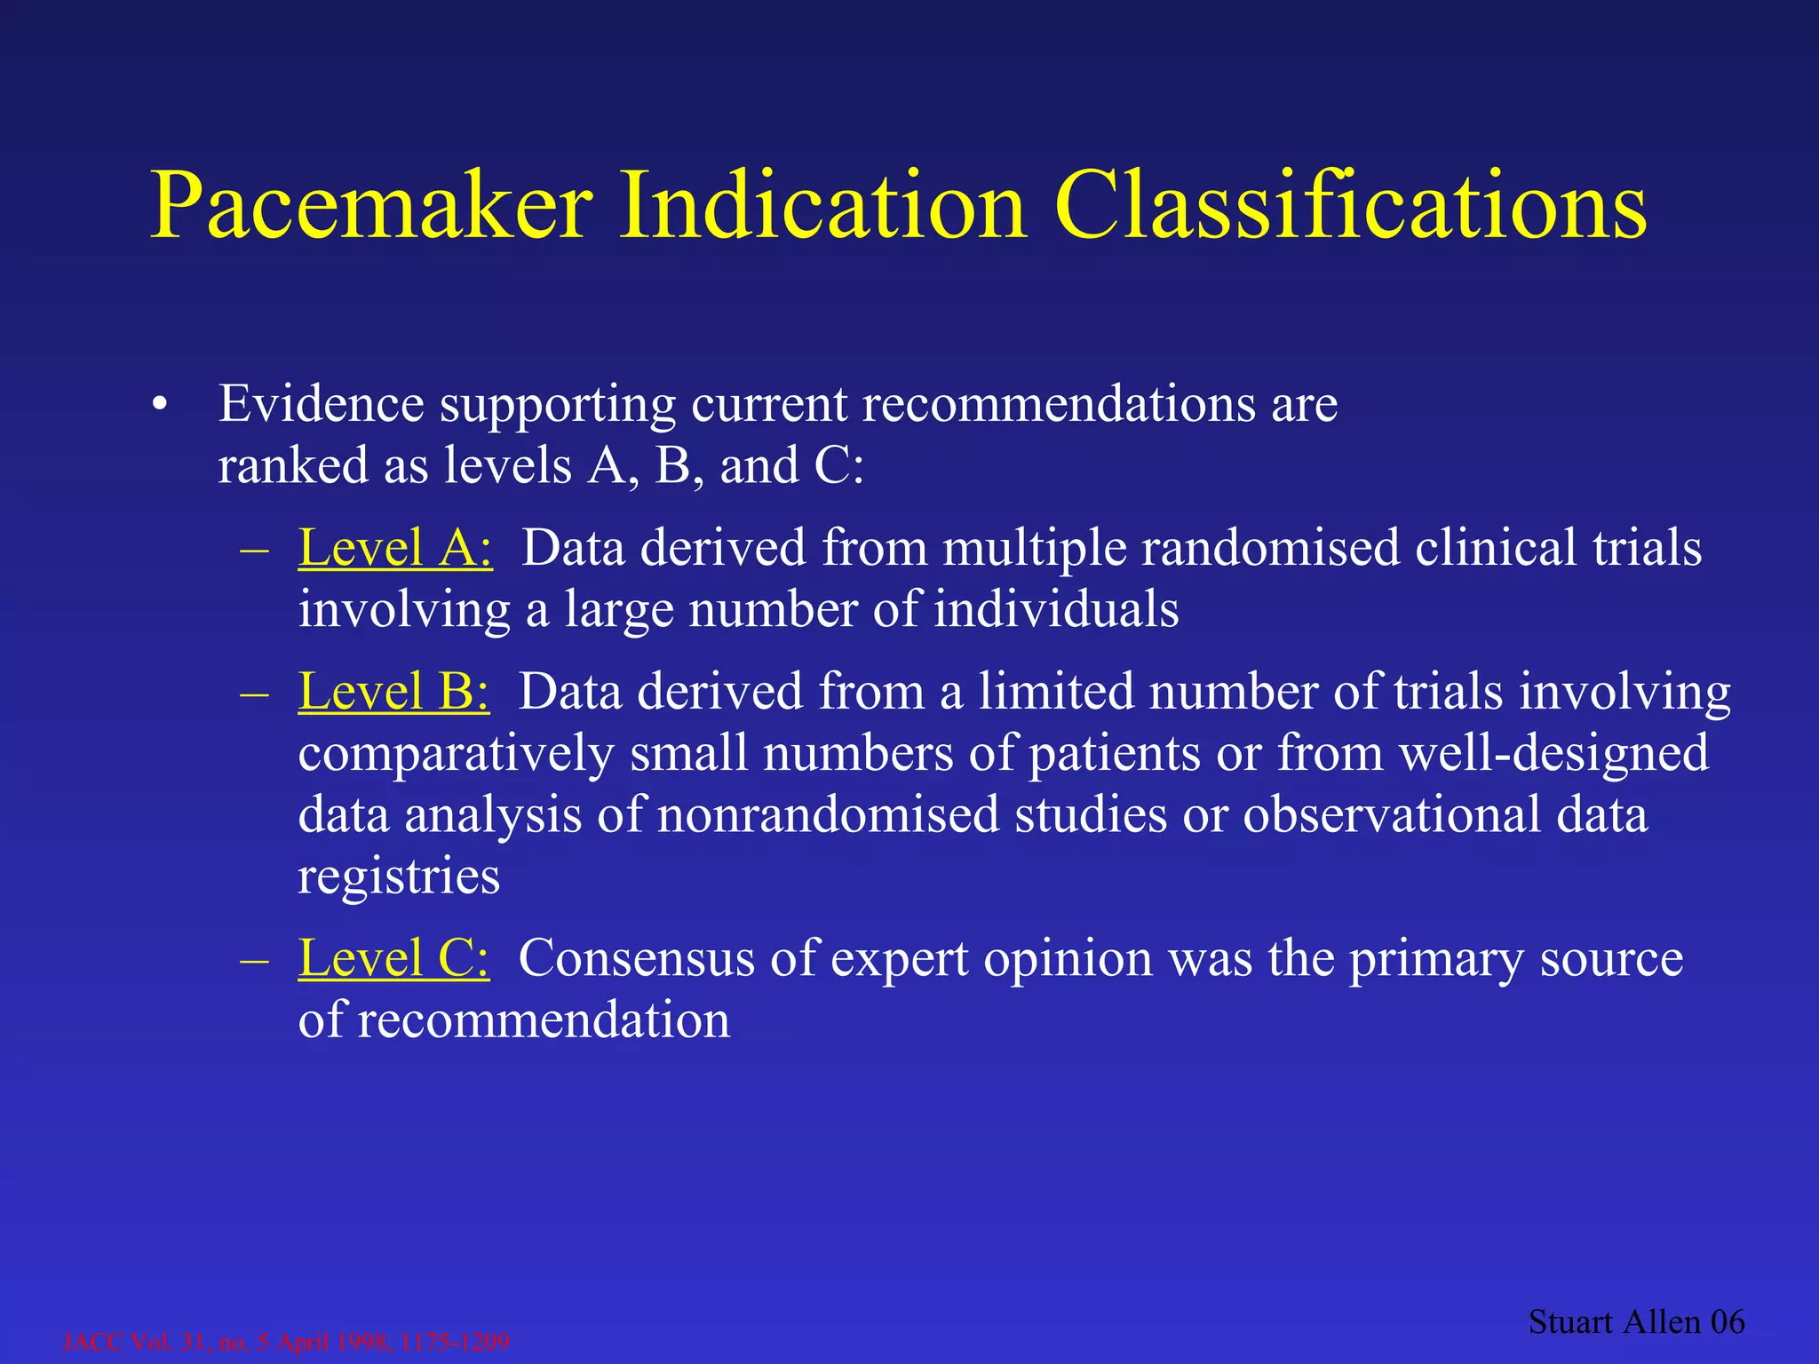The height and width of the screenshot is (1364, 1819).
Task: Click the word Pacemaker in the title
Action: pos(371,206)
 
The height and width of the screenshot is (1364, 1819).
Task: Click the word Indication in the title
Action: pos(822,206)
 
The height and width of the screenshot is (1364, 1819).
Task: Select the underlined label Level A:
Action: pos(395,548)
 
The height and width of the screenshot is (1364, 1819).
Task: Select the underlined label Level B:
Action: pos(393,692)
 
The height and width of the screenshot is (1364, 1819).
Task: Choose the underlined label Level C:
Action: pos(393,959)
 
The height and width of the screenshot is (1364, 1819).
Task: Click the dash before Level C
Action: pos(254,960)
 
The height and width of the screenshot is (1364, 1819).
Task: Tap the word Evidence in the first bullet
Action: pos(321,404)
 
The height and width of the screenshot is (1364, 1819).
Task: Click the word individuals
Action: pos(1056,610)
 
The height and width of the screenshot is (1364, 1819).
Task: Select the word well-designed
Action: pos(1553,753)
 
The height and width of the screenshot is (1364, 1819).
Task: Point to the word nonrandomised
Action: pos(828,814)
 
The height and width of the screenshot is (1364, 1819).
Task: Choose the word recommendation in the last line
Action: pos(544,1020)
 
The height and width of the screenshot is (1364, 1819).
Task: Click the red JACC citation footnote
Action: pos(287,1342)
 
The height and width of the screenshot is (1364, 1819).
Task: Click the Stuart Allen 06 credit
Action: pos(1636,1322)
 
